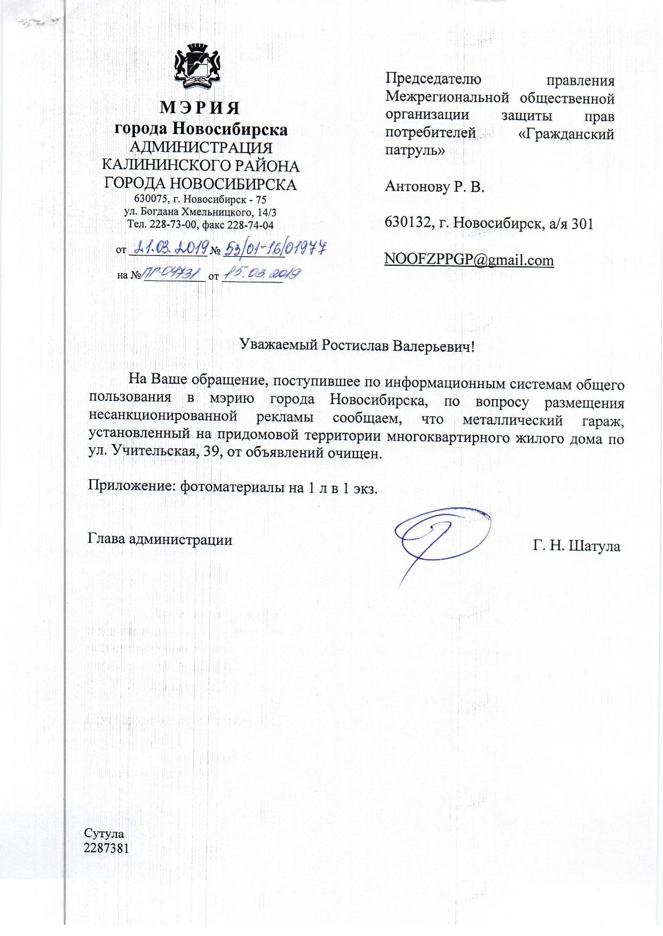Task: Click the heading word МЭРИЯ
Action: pos(200,108)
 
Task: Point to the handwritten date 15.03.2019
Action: pos(262,274)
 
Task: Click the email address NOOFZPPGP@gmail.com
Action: pos(469,260)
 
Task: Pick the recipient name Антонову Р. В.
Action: pos(435,187)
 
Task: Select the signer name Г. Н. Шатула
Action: pos(576,546)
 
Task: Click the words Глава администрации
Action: pos(160,540)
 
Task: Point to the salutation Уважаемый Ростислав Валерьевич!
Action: pos(357,345)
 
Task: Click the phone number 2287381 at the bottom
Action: pos(107,848)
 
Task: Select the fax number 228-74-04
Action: pos(250,225)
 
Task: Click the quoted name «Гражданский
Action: pos(566,134)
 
